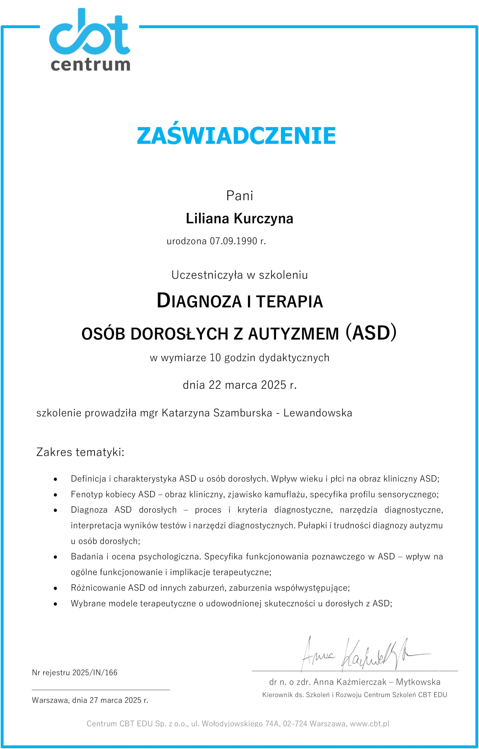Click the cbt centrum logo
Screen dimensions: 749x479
[90, 40]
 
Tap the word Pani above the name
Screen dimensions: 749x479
[239, 196]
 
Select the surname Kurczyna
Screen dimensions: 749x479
[263, 218]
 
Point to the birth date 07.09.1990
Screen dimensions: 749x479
[234, 241]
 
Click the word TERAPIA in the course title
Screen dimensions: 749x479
[290, 301]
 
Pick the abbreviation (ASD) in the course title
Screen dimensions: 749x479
[371, 333]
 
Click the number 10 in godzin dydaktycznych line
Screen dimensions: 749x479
[215, 358]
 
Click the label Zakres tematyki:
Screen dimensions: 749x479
[80, 452]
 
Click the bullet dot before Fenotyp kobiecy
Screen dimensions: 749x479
[55, 495]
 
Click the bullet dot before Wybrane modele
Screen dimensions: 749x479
[55, 604]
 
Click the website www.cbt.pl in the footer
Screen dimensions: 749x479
[370, 724]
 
